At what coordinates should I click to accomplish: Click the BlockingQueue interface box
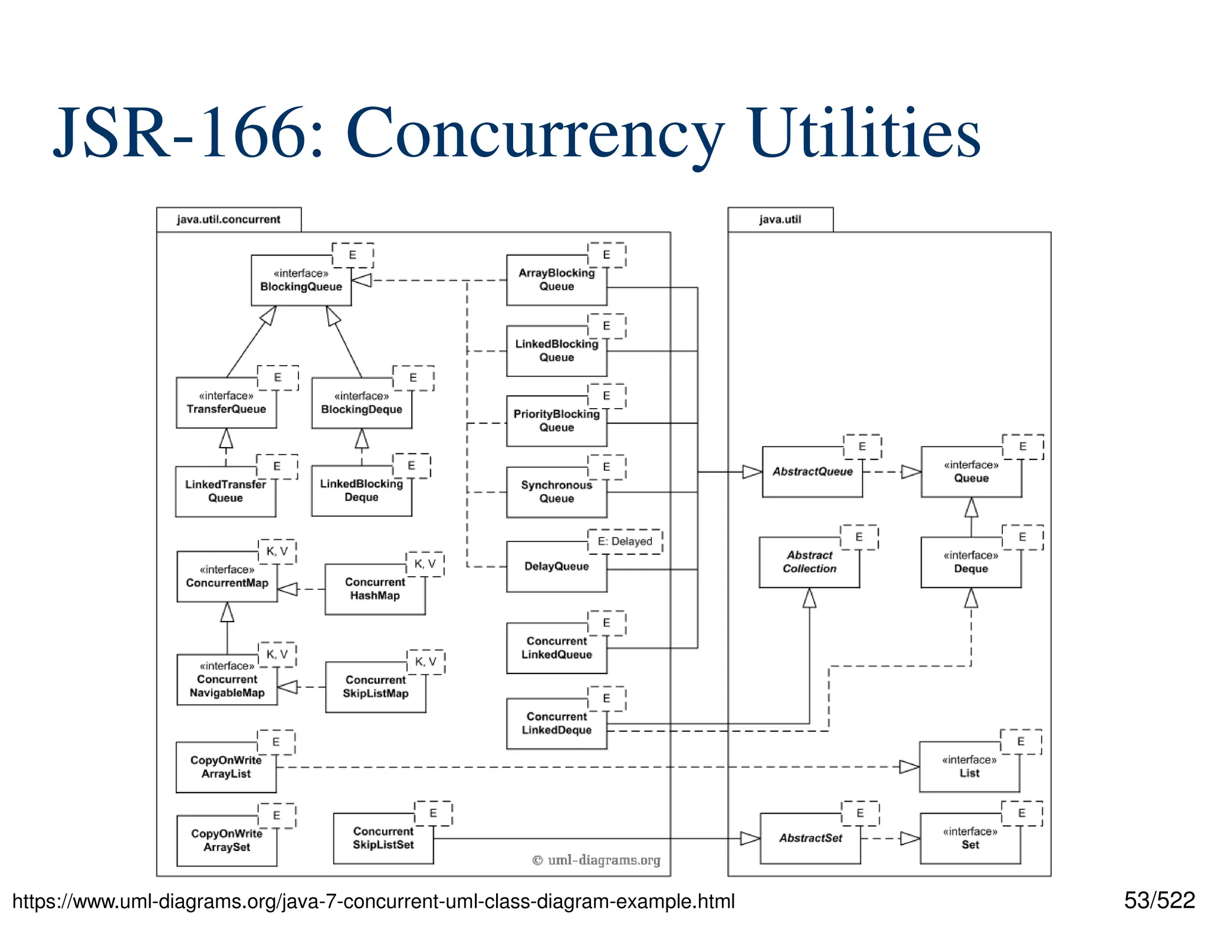301,281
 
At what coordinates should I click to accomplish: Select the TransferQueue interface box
226,403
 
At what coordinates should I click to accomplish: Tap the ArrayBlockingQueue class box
556,280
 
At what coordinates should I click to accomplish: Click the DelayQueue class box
556,567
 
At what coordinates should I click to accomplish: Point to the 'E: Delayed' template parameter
625,541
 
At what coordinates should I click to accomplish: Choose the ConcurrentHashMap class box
375,589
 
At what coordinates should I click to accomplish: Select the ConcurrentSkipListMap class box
375,687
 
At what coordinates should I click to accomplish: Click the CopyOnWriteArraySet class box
226,840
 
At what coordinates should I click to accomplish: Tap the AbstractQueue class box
812,472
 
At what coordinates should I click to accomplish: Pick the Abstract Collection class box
809,562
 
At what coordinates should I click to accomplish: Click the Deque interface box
970,562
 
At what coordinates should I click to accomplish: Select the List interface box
969,767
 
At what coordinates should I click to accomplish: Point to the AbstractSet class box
810,838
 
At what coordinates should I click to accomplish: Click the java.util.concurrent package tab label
228,219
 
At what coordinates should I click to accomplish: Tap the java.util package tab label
780,219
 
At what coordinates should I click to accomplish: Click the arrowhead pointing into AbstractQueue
752,472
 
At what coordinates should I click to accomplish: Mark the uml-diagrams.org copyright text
596,860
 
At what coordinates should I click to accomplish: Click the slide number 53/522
1159,901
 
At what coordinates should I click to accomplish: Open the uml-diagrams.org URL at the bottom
373,902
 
